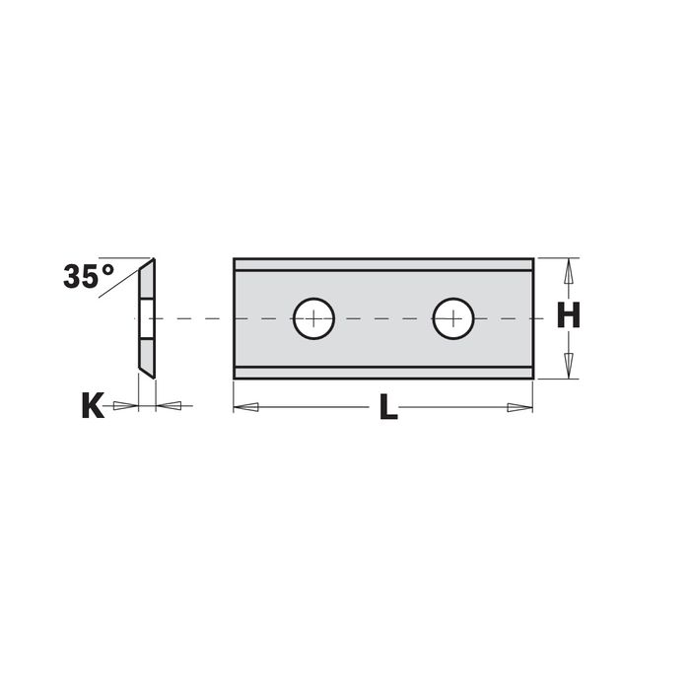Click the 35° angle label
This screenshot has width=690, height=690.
click(89, 276)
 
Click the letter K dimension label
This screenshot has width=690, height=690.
click(93, 405)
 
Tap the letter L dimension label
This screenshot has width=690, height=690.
click(388, 406)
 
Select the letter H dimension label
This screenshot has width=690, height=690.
click(568, 315)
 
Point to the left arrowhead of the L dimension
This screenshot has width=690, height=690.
click(245, 407)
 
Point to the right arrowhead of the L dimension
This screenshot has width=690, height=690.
click(520, 407)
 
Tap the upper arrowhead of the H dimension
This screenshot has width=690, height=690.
click(569, 271)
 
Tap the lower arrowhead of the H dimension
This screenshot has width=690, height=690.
click(569, 366)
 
